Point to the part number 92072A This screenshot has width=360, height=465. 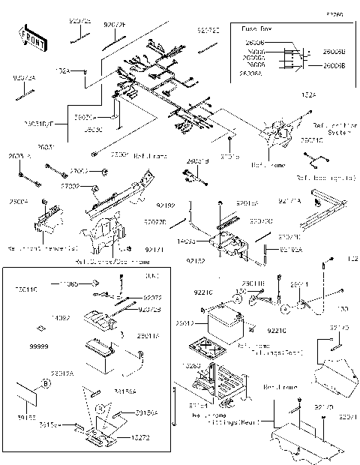(x=23, y=77)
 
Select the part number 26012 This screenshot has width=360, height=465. (x=185, y=323)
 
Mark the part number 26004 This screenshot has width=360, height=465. (x=19, y=202)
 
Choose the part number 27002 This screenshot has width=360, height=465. (x=70, y=185)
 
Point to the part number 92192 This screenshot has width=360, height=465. (x=166, y=205)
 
